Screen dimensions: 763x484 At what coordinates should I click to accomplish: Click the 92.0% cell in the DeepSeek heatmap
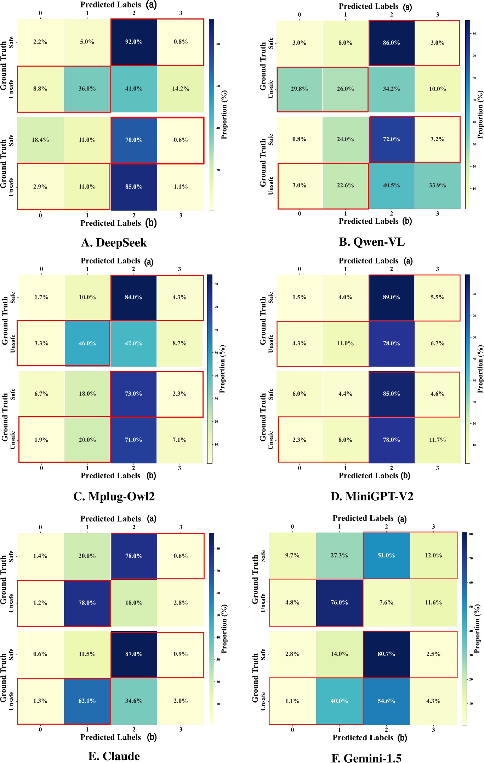coord(134,42)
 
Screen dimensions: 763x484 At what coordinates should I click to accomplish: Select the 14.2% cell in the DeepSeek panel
coord(181,89)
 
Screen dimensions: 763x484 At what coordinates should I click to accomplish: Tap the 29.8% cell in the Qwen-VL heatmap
coord(299,89)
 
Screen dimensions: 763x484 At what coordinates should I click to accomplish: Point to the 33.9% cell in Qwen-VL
coord(437,185)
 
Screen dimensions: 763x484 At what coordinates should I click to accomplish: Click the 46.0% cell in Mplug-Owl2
coord(87,343)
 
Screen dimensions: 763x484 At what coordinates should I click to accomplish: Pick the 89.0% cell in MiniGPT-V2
coord(391,297)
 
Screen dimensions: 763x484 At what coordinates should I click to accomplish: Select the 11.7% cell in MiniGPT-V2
coord(437,440)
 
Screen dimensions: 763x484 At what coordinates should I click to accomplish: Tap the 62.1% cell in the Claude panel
coord(87,701)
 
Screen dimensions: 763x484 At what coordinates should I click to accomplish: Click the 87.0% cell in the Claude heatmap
coord(134,654)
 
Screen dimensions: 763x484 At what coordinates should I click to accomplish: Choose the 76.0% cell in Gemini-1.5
coord(339,603)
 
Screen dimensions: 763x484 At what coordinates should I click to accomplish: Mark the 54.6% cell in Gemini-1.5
coord(386,701)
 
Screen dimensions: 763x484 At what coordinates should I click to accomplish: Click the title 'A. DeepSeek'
coord(114,243)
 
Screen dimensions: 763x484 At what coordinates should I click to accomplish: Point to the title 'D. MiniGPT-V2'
coord(372,496)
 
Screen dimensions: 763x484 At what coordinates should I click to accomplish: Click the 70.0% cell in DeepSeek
coord(134,140)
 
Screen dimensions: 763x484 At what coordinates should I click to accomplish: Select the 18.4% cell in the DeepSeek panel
coord(40,140)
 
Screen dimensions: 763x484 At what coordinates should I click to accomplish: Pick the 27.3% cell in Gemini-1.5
coord(339,556)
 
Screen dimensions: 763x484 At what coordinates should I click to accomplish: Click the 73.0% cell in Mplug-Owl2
coord(133,394)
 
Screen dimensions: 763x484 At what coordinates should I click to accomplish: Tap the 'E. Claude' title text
coord(114,756)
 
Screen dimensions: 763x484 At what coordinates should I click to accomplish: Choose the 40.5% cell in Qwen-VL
coord(391,185)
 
